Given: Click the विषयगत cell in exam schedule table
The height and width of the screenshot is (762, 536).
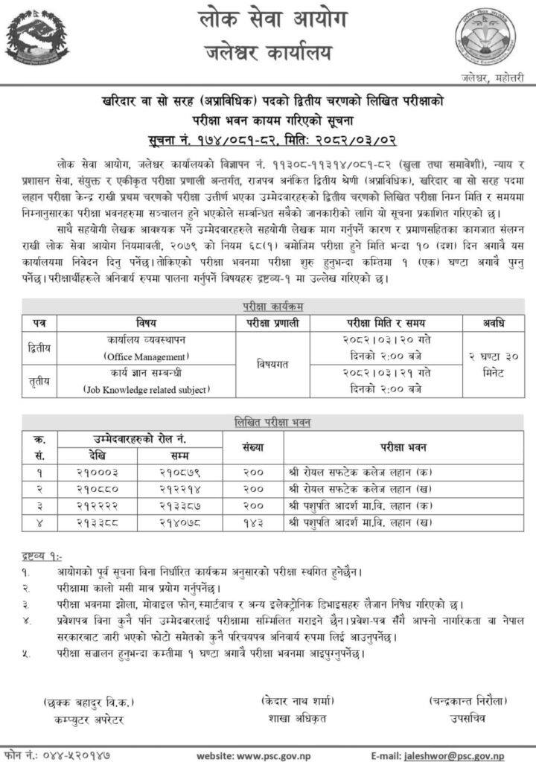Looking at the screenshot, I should [272, 365].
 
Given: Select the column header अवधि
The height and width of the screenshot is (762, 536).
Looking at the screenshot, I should [483, 322].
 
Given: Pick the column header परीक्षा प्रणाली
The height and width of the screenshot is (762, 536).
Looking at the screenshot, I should [272, 322].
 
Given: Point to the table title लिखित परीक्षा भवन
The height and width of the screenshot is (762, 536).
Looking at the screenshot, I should [267, 423].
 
